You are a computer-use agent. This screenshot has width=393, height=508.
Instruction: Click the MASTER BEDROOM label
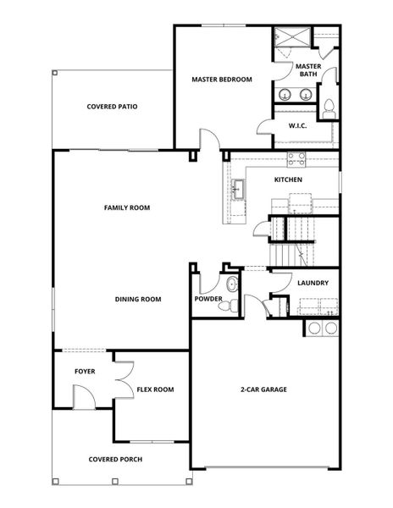click(x=222, y=80)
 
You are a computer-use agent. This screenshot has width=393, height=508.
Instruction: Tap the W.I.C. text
click(x=297, y=125)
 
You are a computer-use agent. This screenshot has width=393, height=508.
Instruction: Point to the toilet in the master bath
click(x=329, y=107)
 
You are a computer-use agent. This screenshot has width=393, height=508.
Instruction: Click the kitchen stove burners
click(x=296, y=157)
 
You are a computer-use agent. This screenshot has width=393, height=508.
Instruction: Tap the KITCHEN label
click(x=288, y=179)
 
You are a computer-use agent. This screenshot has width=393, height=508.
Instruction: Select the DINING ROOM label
click(x=138, y=299)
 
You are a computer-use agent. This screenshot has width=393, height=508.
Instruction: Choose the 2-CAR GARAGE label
click(x=263, y=389)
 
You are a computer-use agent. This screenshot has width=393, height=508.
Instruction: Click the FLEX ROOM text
click(x=155, y=389)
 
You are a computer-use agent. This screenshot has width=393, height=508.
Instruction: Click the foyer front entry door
click(x=82, y=395)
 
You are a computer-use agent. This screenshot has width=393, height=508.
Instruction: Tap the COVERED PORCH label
click(x=115, y=460)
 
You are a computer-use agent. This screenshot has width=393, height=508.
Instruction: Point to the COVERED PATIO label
click(x=112, y=107)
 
